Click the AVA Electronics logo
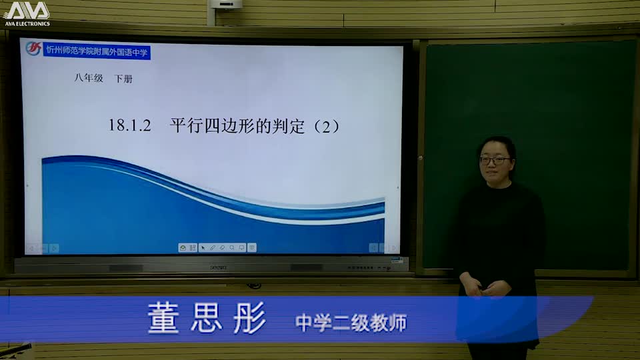27,14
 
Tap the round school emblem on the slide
33,49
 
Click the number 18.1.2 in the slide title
131,125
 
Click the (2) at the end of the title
326,125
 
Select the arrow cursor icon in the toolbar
203,247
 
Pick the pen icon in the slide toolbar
212,247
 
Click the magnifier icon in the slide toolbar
232,247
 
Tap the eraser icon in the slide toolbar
222,247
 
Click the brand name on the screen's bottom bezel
218,267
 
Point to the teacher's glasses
495,160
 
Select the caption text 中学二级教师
351,323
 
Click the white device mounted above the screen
226,5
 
